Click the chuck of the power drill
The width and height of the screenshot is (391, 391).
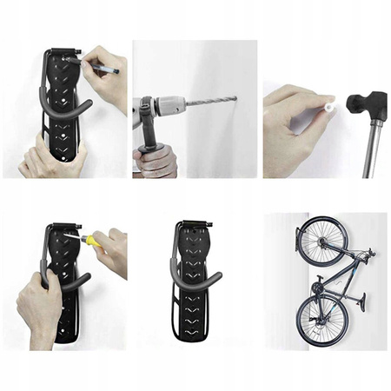pyautogui.click(x=169, y=108)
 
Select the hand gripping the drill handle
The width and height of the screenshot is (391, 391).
pyautogui.click(x=156, y=161)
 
